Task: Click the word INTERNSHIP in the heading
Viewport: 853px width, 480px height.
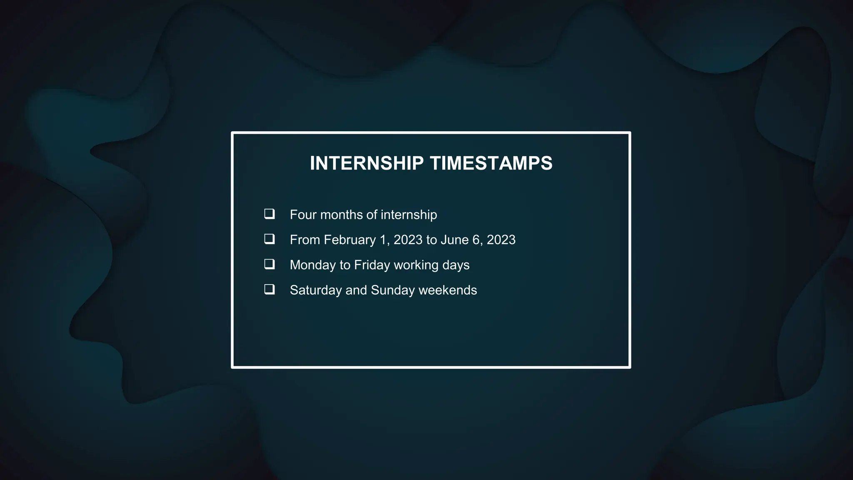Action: coord(367,163)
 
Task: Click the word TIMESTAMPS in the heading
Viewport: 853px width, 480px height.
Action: coord(491,163)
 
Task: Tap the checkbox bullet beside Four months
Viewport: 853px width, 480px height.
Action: coord(269,214)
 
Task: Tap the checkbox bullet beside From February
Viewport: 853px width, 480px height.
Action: coord(269,239)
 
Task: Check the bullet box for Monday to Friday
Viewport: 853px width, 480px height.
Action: coord(269,264)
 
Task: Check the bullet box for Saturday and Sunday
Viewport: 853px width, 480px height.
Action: coord(269,290)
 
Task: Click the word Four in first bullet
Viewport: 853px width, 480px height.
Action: coord(303,215)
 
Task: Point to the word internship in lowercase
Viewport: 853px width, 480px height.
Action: coord(409,215)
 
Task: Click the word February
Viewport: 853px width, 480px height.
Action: coord(350,240)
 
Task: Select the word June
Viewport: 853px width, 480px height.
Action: coord(454,240)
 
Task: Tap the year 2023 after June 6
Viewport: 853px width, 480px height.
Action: coord(501,240)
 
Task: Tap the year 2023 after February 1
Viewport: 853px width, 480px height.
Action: coord(408,240)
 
